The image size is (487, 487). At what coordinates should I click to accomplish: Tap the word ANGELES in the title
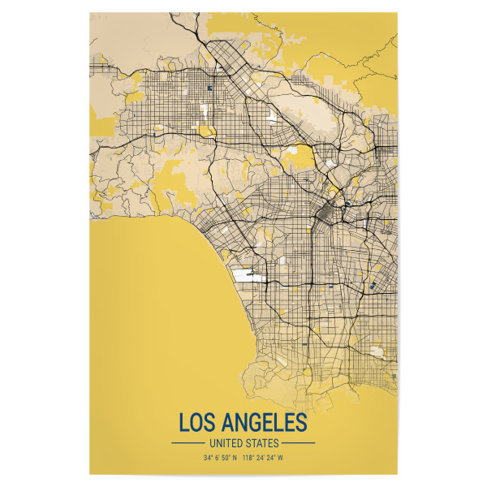coord(265,423)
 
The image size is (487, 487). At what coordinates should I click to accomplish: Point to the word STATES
coord(263,443)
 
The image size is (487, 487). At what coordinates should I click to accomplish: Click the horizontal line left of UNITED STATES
coord(188,443)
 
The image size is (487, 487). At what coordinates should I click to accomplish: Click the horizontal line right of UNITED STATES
coord(299,443)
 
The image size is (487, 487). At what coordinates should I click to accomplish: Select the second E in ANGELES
coord(288,423)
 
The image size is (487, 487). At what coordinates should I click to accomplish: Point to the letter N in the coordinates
coord(235,459)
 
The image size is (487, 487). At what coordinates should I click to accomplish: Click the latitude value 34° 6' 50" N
coord(220,459)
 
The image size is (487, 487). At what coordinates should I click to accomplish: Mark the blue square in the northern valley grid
coord(209,88)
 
